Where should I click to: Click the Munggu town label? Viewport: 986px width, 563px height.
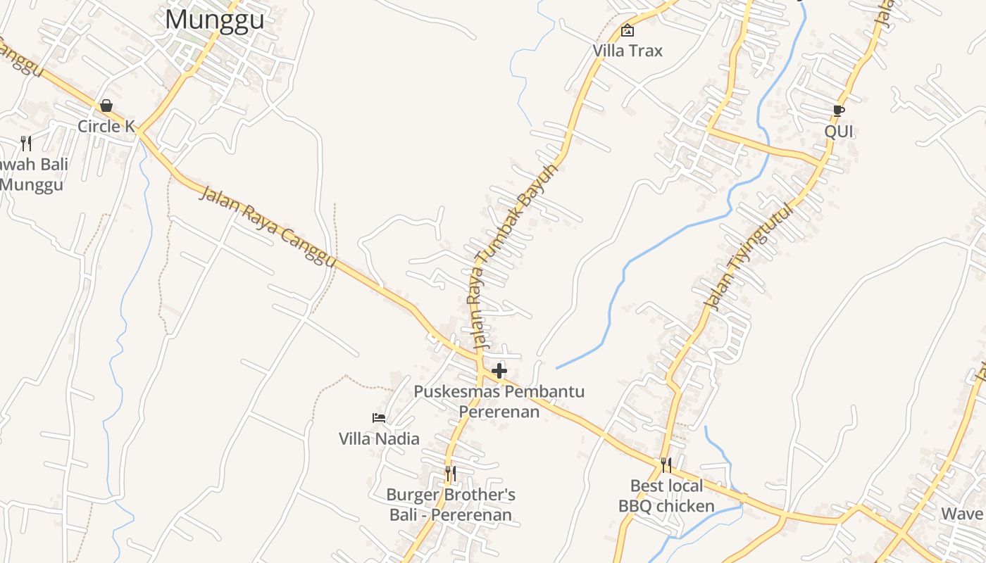[215, 19]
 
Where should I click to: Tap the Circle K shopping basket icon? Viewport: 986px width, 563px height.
[106, 106]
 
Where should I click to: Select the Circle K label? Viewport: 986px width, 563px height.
[106, 127]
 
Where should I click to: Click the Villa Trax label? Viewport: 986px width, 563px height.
[628, 51]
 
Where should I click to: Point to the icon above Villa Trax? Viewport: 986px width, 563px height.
[627, 30]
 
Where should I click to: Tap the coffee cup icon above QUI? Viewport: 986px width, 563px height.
[838, 110]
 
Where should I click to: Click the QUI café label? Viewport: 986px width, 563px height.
[839, 132]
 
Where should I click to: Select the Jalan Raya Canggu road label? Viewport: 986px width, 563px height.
[268, 226]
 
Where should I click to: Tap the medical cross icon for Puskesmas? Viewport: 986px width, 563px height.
[499, 371]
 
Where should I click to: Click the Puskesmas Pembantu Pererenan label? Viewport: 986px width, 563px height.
[499, 401]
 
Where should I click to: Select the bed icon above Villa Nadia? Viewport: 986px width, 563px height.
[379, 418]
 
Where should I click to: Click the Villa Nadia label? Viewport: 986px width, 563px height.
[379, 439]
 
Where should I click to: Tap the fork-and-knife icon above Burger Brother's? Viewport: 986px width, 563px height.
[451, 474]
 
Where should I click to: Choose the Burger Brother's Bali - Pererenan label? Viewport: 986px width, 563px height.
[451, 505]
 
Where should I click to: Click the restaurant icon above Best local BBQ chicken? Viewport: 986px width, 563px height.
[666, 465]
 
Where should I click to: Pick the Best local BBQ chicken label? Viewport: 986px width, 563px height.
[666, 496]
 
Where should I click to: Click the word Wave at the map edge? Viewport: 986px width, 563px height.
[962, 514]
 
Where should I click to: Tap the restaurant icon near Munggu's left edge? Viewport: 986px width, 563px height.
[26, 144]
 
